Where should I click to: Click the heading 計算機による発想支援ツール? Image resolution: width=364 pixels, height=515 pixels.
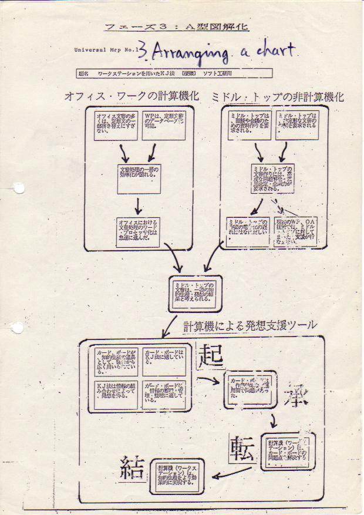tap(250, 324)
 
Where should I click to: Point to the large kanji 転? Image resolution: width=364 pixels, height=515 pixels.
tap(242, 450)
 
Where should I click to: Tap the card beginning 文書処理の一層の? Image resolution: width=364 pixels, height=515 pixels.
tap(139, 178)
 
